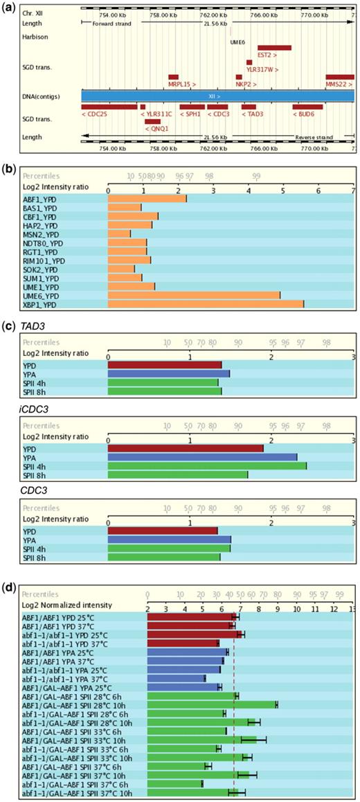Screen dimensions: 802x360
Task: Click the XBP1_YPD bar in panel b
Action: (206, 304)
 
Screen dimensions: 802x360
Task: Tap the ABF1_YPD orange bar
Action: (147, 199)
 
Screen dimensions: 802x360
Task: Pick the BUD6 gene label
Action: (307, 114)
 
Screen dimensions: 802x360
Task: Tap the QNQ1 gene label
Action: (153, 128)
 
